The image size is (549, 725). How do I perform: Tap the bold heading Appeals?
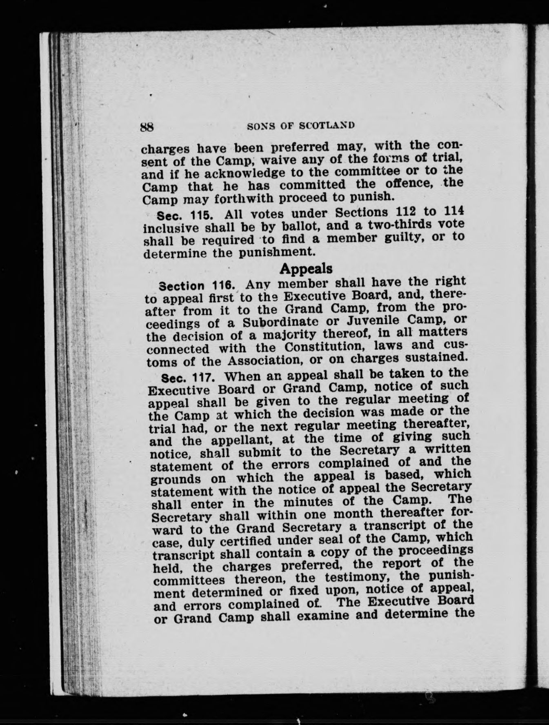pos(306,269)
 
